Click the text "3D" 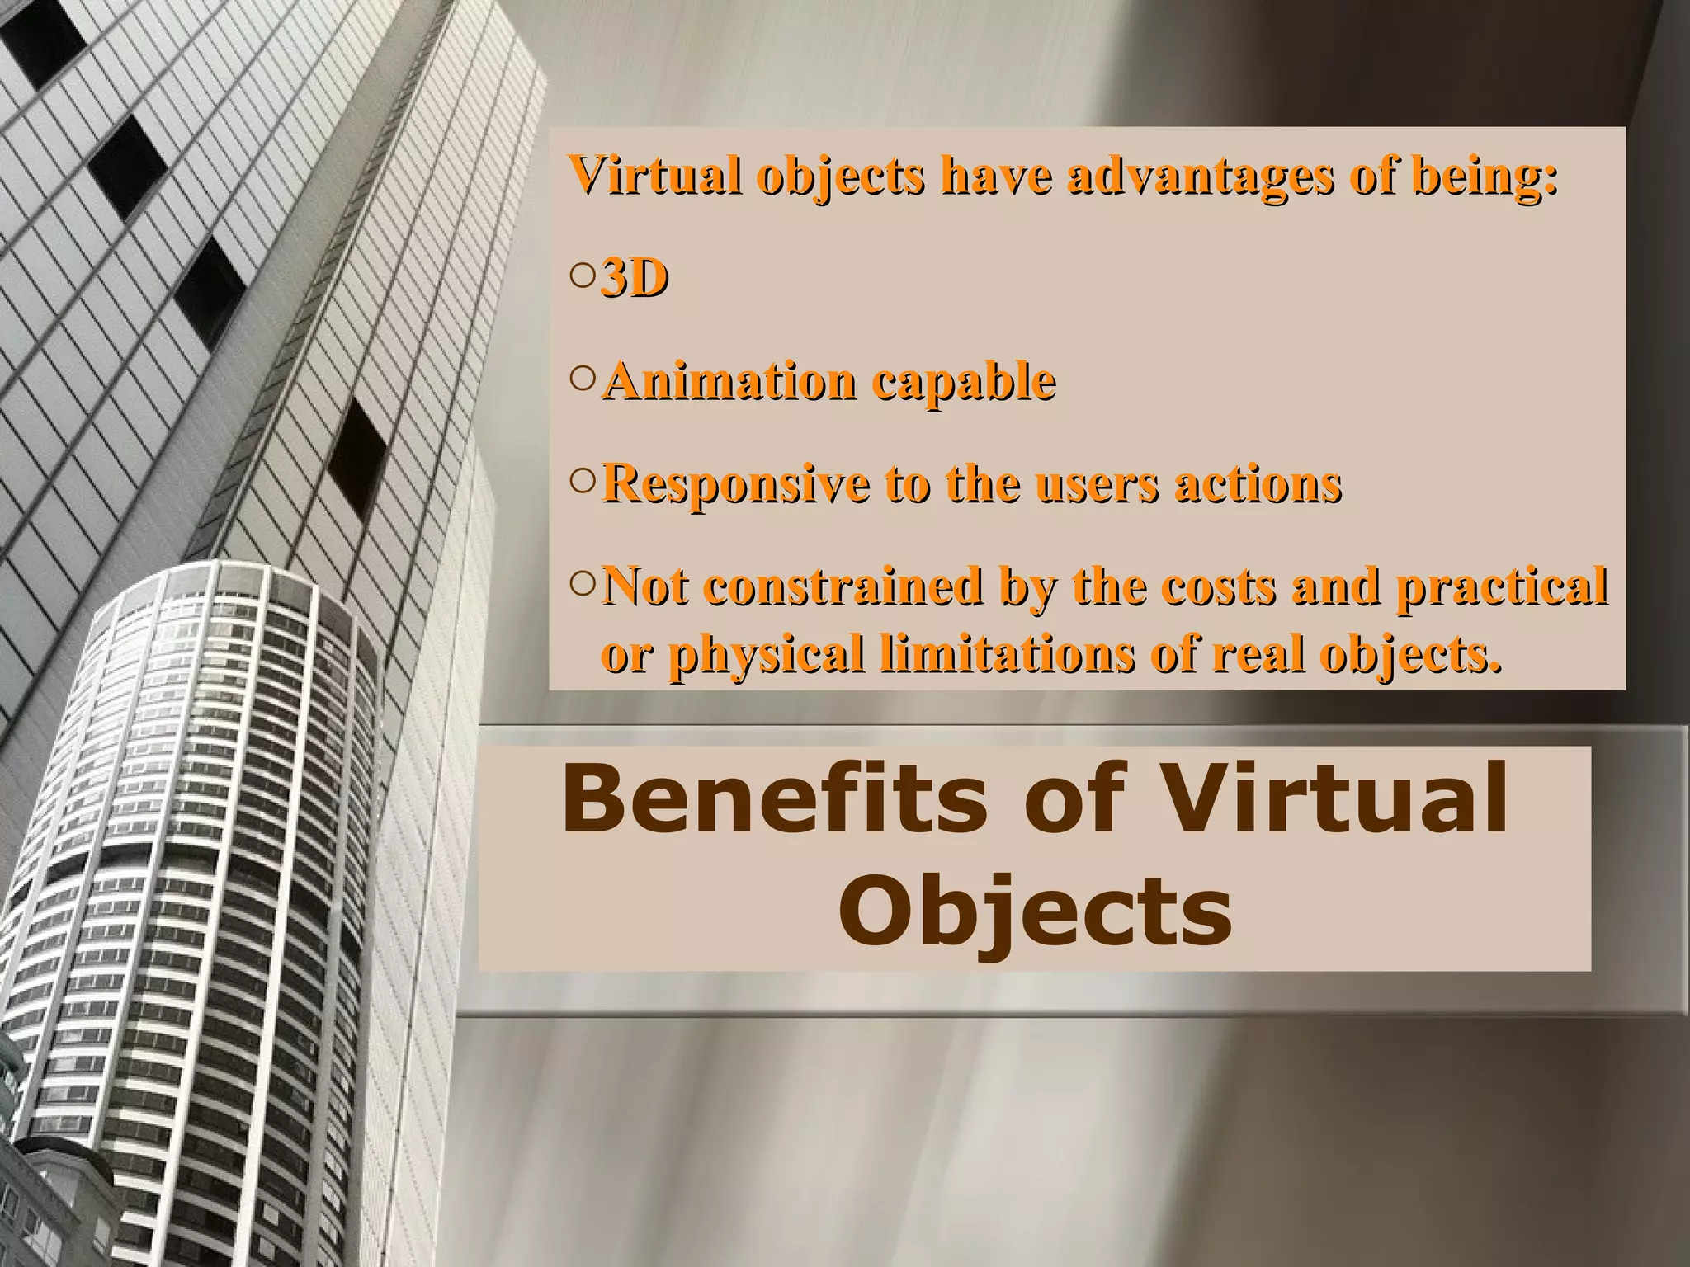634,280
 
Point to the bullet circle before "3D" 582,277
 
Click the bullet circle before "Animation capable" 582,379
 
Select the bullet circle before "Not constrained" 582,584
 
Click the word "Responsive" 735,485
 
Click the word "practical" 1501,586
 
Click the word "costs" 1216,586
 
